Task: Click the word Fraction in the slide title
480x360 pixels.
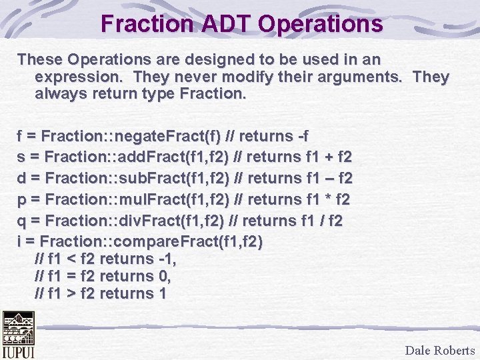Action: [143, 24]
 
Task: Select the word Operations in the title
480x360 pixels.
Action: [321, 24]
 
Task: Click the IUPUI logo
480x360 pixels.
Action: [18, 334]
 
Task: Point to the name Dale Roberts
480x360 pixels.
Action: [439, 351]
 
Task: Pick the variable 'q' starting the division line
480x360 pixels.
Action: [21, 220]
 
